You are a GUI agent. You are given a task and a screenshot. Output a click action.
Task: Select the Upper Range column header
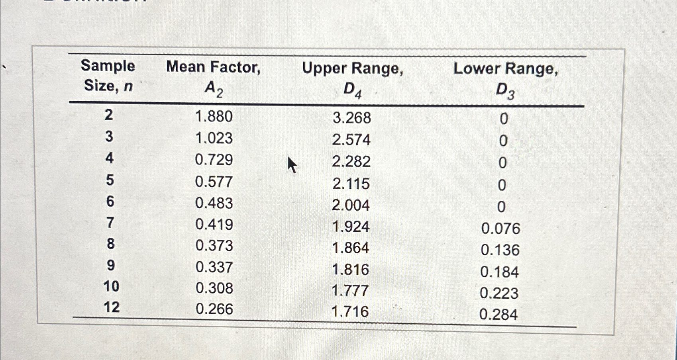352,79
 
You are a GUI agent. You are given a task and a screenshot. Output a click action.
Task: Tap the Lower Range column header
505,80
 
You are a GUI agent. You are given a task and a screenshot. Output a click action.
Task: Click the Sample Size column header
108,76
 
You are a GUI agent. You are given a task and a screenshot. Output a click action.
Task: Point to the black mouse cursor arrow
292,164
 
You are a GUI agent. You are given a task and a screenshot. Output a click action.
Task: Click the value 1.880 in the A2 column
214,117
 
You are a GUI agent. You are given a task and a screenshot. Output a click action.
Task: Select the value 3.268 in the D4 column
351,118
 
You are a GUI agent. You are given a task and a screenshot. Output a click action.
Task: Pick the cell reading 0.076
500,229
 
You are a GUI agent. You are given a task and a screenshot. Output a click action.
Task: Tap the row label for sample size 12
111,307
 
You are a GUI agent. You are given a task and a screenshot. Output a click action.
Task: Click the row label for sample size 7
110,223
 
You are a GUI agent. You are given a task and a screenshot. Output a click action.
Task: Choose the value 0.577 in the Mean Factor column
214,182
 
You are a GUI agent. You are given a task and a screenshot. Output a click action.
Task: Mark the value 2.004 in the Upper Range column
351,205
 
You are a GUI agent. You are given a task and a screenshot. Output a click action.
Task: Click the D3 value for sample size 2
504,119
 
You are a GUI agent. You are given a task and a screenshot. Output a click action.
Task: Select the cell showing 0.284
498,315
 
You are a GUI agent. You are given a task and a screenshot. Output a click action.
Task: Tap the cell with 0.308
214,288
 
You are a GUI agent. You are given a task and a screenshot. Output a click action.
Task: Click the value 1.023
214,138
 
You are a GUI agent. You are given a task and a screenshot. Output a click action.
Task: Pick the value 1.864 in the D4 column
351,248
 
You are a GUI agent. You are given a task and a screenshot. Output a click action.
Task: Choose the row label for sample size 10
111,286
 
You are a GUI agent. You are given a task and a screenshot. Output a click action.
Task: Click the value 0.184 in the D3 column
499,272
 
